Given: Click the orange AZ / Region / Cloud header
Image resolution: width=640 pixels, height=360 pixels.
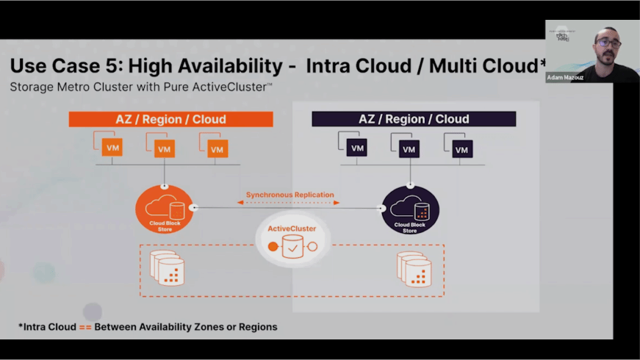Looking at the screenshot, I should click(x=170, y=119).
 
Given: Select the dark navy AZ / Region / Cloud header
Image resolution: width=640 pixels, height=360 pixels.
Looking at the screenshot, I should click(x=414, y=119).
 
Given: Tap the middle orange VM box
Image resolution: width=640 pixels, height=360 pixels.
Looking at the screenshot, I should click(x=165, y=148).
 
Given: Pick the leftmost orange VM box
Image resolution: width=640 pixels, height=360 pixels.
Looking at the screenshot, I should click(x=113, y=148).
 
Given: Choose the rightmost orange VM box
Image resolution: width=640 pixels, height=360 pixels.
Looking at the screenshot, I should click(x=217, y=149).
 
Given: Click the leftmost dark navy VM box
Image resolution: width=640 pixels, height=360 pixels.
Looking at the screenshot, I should click(x=357, y=148).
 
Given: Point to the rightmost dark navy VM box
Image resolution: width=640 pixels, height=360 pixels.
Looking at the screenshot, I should click(x=461, y=149).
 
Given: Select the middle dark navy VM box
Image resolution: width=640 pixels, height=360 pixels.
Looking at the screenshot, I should click(x=409, y=149).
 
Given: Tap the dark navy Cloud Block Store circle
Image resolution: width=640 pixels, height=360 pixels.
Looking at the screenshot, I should click(x=410, y=209).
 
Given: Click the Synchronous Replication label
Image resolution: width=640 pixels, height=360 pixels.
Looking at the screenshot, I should click(x=290, y=195).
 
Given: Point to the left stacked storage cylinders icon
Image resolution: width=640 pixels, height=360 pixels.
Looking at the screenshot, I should click(x=167, y=268).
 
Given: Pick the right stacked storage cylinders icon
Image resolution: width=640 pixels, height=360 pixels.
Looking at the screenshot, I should click(x=414, y=268).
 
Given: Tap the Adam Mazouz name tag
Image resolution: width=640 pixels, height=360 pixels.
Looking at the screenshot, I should click(x=566, y=77).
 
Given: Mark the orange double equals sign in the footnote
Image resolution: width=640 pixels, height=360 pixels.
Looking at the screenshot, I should click(x=85, y=327).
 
